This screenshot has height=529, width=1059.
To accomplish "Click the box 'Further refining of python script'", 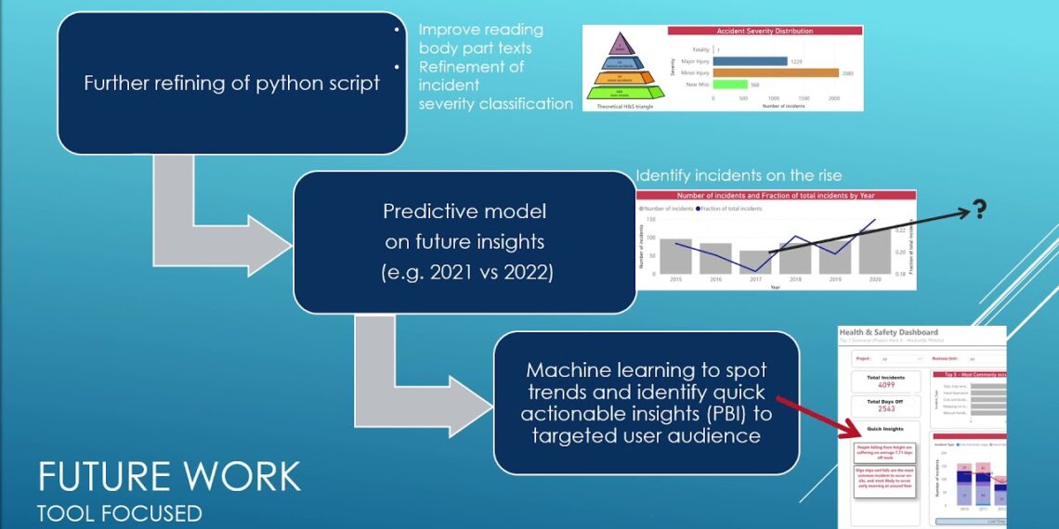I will (x=231, y=83).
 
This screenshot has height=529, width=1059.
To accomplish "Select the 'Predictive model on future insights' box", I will (x=464, y=241).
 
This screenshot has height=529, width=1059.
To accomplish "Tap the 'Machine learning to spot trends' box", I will (x=647, y=404).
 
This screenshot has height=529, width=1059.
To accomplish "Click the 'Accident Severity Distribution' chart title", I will (x=765, y=31).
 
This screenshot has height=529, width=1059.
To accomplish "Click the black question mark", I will (x=979, y=211).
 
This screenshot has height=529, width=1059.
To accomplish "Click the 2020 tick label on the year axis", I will (x=873, y=279).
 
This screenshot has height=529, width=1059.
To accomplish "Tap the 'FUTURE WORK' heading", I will (x=169, y=477).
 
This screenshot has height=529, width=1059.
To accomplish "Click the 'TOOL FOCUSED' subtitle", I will (x=119, y=511).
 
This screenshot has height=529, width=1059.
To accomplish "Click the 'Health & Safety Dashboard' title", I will (x=888, y=332).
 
